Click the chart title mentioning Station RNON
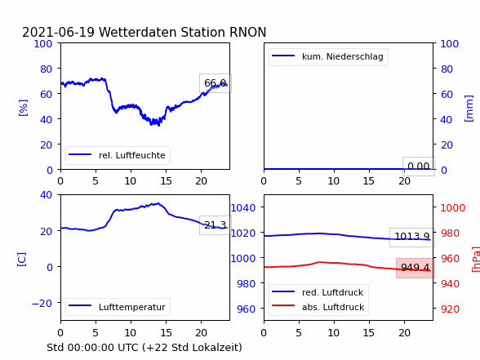[144, 32]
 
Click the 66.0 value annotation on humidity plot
[216, 83]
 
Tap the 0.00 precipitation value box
[419, 167]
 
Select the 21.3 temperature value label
[216, 225]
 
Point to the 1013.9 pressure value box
[412, 237]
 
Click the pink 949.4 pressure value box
[416, 268]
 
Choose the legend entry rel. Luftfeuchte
[118, 155]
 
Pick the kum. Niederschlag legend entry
[328, 56]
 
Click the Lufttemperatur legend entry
[118, 307]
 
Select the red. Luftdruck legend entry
[318, 292]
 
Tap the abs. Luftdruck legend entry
[318, 307]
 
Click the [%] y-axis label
[23, 108]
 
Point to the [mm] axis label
[469, 109]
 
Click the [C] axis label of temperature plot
[22, 259]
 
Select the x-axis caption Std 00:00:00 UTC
[144, 348]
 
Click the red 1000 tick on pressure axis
[453, 208]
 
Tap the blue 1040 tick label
[243, 208]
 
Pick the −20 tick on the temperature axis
[42, 304]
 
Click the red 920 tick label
[450, 309]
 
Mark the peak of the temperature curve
[158, 203]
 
